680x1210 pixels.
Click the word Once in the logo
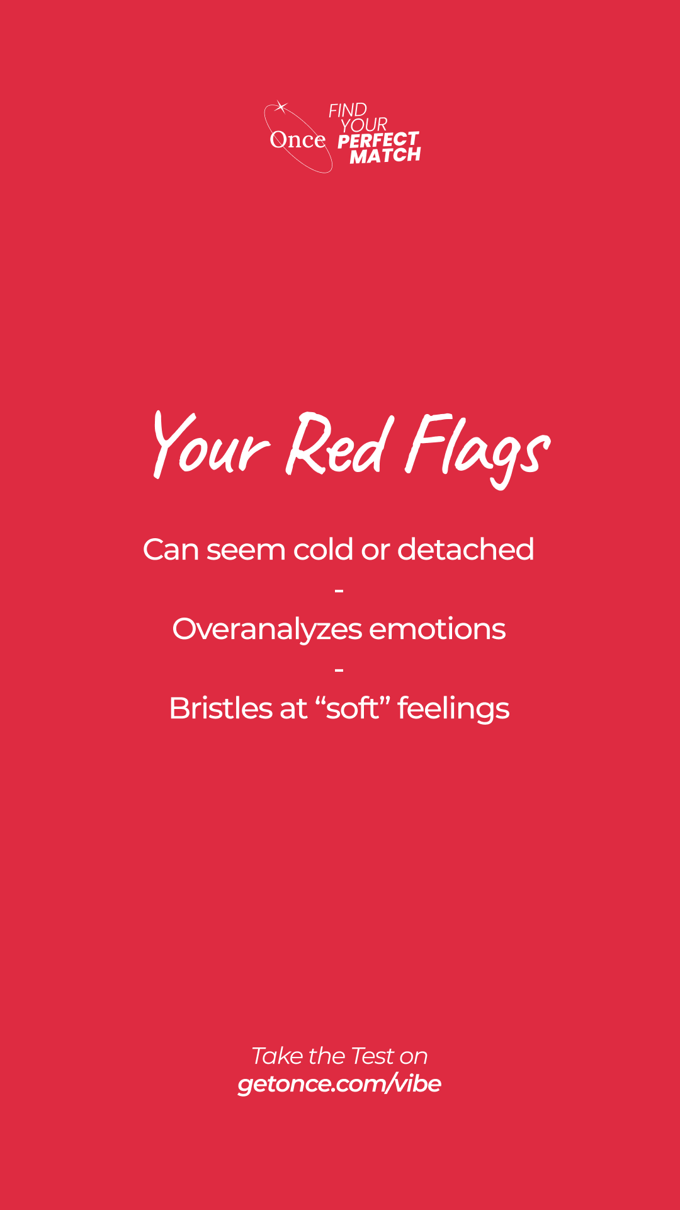pyautogui.click(x=297, y=140)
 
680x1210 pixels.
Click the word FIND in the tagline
pyautogui.click(x=348, y=110)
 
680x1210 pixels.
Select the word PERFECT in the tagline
pyautogui.click(x=378, y=140)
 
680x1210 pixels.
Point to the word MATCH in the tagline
pyautogui.click(x=385, y=156)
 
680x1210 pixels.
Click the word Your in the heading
pyautogui.click(x=211, y=444)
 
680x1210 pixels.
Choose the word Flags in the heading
pyautogui.click(x=477, y=449)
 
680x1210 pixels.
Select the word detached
pyautogui.click(x=466, y=550)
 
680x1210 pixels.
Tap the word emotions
pyautogui.click(x=438, y=629)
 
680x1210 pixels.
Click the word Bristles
pyautogui.click(x=221, y=708)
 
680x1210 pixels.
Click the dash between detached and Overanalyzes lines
pyautogui.click(x=339, y=591)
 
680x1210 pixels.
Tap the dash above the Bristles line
pyautogui.click(x=339, y=669)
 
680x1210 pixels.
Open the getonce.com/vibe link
pyautogui.click(x=339, y=1084)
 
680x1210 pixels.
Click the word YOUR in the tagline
pyautogui.click(x=364, y=125)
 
